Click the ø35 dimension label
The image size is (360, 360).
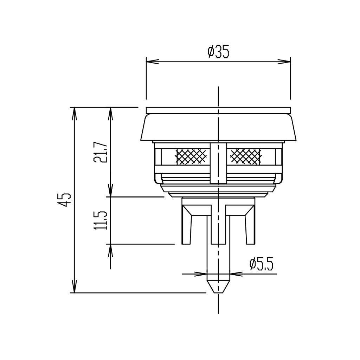pos(218,52)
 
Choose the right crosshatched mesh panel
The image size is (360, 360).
pos(245,156)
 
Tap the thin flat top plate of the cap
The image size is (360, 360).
pos(218,110)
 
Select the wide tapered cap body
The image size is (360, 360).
pos(218,127)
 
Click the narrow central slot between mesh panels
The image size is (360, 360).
pos(218,163)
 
